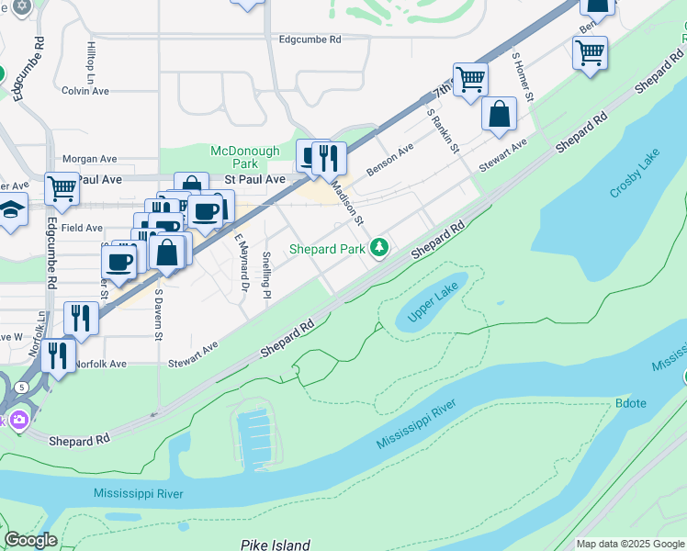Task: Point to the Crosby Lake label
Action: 635,173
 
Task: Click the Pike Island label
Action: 276,545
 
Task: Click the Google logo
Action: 29,540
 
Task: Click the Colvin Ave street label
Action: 85,91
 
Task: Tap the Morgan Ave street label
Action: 90,159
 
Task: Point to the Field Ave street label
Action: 83,227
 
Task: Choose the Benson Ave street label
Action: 390,159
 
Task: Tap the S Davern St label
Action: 158,315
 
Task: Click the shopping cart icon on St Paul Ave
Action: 62,187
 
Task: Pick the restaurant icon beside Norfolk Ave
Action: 58,354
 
